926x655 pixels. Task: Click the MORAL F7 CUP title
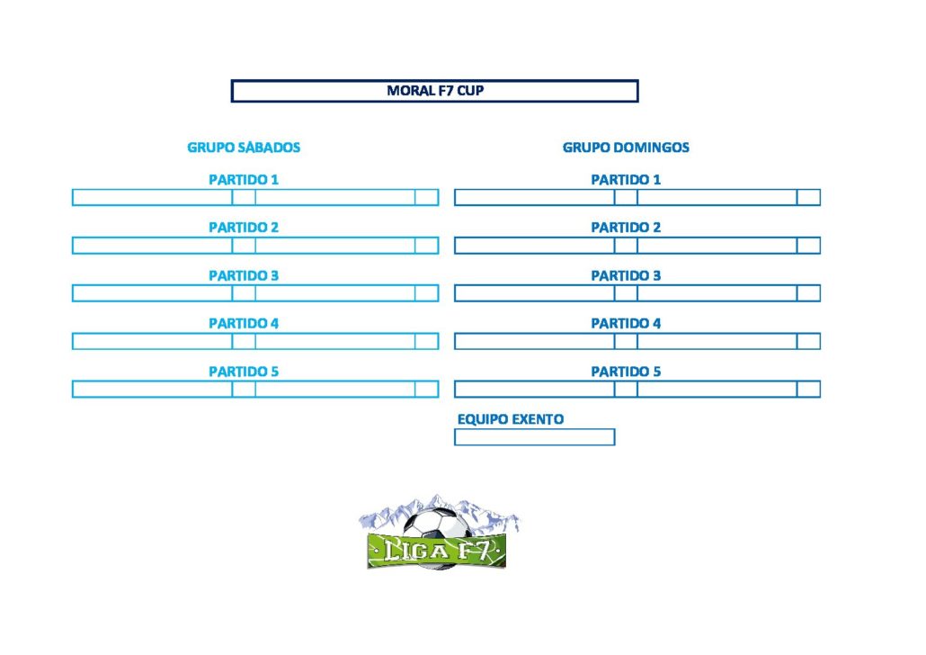[435, 91]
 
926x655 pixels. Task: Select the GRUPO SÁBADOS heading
[244, 148]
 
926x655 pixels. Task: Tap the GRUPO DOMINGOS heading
[626, 148]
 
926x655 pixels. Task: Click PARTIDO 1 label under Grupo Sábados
[244, 180]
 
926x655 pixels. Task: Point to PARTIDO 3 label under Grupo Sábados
[244, 275]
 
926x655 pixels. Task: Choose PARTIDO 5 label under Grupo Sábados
[244, 372]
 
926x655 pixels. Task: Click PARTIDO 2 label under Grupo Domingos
[626, 228]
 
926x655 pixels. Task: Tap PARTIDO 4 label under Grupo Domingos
[626, 323]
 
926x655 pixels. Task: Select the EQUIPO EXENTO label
[511, 419]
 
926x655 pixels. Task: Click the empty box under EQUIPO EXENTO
[534, 437]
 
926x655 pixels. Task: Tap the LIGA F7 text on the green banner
[436, 551]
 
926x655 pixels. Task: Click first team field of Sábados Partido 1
[152, 197]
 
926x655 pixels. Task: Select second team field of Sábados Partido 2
[335, 246]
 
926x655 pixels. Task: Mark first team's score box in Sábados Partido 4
[244, 341]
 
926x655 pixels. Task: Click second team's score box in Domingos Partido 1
[808, 197]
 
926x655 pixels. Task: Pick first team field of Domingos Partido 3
[534, 293]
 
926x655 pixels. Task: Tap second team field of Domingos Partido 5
[717, 389]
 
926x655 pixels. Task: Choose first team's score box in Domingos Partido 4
[626, 341]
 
